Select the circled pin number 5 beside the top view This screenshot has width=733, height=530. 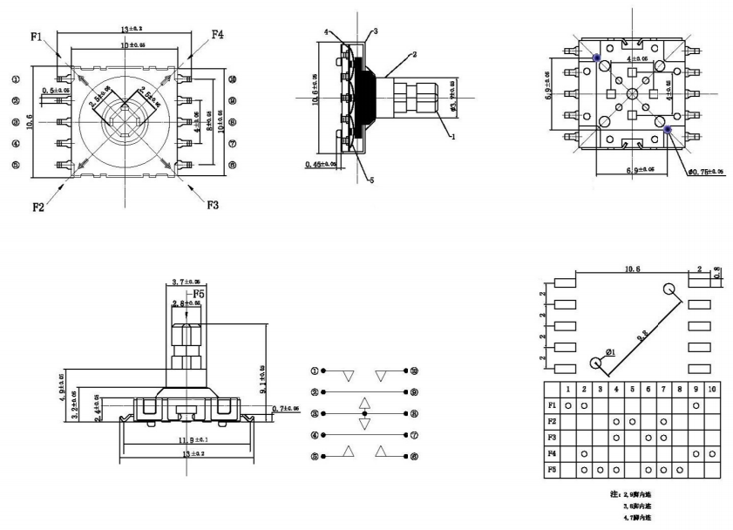click(x=15, y=164)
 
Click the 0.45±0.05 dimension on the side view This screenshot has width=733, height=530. click(x=322, y=163)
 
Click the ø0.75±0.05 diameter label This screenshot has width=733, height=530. click(x=704, y=172)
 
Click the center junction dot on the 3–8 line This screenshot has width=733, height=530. click(x=365, y=412)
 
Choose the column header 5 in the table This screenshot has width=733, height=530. click(x=632, y=388)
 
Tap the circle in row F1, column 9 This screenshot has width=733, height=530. click(x=696, y=405)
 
